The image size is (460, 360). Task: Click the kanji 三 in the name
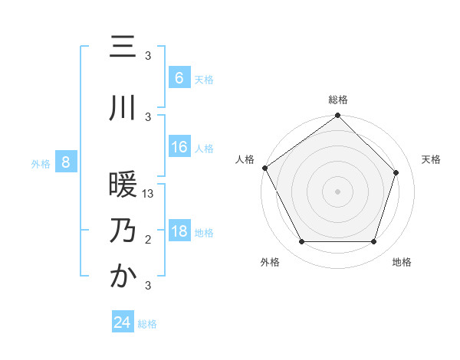(x=123, y=47)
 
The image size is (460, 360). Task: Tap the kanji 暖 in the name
(x=123, y=186)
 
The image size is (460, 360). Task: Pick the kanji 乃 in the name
(x=123, y=231)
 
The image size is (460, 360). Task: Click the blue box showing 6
(x=179, y=77)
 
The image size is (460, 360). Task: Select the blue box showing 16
(x=179, y=147)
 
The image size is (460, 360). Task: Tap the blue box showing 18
(x=179, y=231)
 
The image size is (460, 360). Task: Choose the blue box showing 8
(x=66, y=162)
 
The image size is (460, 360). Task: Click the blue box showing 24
(x=123, y=322)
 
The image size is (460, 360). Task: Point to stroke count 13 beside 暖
(x=149, y=195)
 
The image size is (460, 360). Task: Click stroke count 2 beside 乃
(x=148, y=241)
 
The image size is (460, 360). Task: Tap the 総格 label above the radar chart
(x=338, y=100)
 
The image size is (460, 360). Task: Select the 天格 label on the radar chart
(x=432, y=159)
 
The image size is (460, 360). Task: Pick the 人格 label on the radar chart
(x=245, y=159)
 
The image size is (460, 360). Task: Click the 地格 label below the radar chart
(x=402, y=262)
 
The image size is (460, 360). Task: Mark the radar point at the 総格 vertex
(x=338, y=116)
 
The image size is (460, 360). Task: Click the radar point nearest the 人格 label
(x=265, y=168)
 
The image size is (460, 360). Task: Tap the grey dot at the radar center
(x=338, y=191)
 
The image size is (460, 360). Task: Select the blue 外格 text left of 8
(x=41, y=162)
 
